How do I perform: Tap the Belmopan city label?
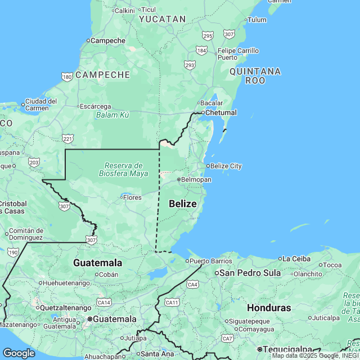(195, 179)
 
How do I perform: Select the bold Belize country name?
(183, 204)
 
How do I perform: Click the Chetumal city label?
(220, 112)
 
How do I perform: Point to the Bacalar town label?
(212, 103)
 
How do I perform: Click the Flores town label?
(132, 197)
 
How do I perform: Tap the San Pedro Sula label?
(250, 273)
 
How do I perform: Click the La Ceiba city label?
(296, 259)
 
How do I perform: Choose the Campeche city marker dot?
(88, 40)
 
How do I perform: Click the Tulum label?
(256, 20)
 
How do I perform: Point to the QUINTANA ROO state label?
(255, 76)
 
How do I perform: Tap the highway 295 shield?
(208, 36)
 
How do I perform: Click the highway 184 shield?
(202, 51)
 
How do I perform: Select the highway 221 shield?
(67, 138)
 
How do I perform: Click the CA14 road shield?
(103, 302)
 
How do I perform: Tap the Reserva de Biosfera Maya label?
(124, 169)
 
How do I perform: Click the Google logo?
(19, 353)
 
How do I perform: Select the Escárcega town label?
(94, 106)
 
